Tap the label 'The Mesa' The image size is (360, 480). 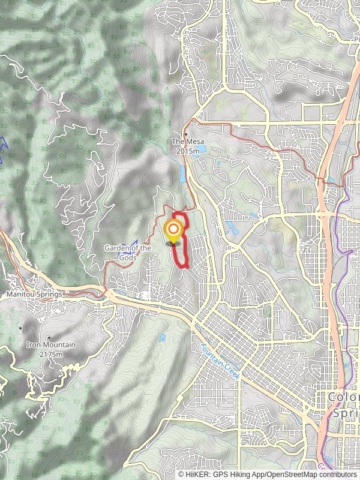185,142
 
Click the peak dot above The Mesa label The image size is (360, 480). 186,134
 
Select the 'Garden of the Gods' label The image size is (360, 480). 121,252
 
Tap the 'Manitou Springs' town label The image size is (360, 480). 35,295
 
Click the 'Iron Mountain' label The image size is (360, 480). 51,345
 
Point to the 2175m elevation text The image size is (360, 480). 51,355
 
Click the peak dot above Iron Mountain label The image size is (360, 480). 49,337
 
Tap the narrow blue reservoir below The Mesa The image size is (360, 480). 182,175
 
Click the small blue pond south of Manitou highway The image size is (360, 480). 163,338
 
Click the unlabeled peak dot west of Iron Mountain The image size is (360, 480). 21,328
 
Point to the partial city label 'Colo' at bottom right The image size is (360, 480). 344,398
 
